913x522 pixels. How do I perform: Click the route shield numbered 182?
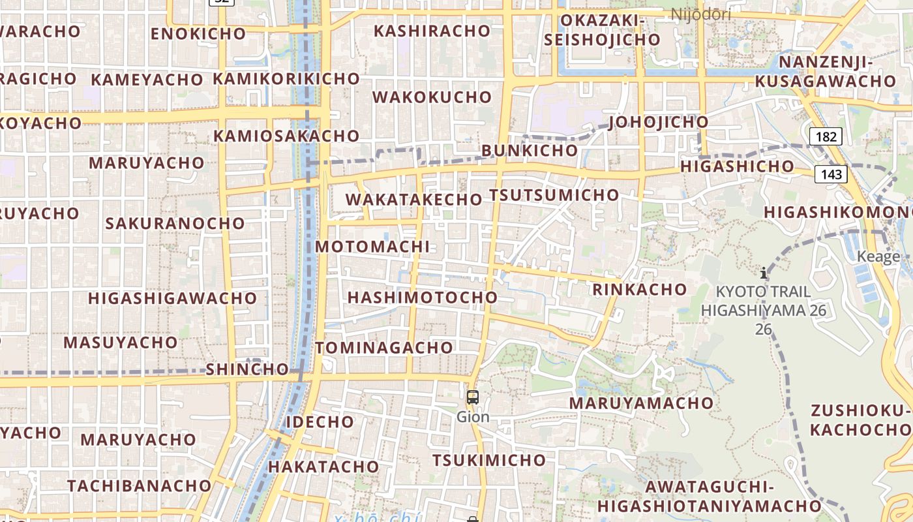[x=826, y=136]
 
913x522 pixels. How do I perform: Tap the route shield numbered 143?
[x=831, y=174]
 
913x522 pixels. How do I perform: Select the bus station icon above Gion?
[x=473, y=397]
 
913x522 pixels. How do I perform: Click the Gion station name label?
[x=473, y=416]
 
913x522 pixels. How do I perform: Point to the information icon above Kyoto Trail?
[x=764, y=273]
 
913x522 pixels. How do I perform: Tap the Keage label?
[x=878, y=256]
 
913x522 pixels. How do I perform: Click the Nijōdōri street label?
[x=700, y=14]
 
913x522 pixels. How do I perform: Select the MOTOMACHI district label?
[x=372, y=247]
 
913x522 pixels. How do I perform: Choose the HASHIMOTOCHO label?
[x=422, y=298]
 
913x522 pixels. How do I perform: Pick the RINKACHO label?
[x=639, y=289]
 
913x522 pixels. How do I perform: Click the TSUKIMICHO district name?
[x=489, y=460]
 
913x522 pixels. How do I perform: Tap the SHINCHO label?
[x=247, y=369]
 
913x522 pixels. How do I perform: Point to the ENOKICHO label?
[x=198, y=34]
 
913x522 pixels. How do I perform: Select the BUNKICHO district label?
[x=530, y=151]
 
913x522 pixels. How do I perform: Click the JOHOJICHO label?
[x=658, y=122]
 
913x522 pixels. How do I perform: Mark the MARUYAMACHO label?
[x=641, y=403]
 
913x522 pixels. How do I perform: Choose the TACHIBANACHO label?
[x=140, y=486]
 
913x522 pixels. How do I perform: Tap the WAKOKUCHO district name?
[x=432, y=97]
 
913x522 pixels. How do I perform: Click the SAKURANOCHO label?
[x=175, y=223]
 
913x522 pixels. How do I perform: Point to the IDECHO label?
[x=320, y=422]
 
